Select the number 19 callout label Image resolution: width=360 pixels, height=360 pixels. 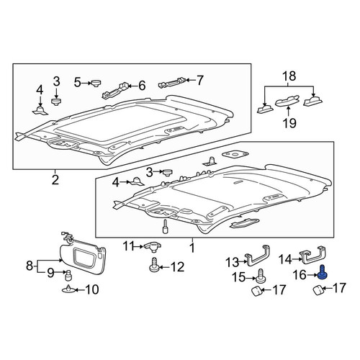[x=289, y=123]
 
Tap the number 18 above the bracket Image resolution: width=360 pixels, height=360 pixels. [x=289, y=76]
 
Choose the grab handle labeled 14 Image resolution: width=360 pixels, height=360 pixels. [x=313, y=255]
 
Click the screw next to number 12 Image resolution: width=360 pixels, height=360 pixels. [x=154, y=265]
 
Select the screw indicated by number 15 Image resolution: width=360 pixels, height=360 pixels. [x=261, y=276]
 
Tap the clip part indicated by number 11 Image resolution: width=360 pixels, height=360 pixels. [x=153, y=247]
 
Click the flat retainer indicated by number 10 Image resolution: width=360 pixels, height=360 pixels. [x=68, y=289]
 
